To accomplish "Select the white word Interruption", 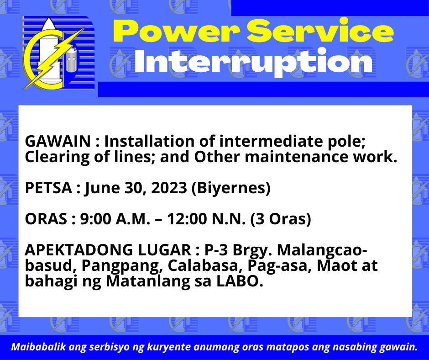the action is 253,62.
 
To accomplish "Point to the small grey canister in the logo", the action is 72,60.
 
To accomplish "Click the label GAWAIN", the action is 58,141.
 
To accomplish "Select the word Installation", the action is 150,141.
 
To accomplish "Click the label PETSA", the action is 48,188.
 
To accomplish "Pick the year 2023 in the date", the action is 169,188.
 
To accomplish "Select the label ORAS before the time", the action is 46,219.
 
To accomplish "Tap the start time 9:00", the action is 96,219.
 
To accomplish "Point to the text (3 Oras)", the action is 281,219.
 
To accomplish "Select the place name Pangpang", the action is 120,266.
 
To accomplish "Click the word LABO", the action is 240,281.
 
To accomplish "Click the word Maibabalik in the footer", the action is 39,347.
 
